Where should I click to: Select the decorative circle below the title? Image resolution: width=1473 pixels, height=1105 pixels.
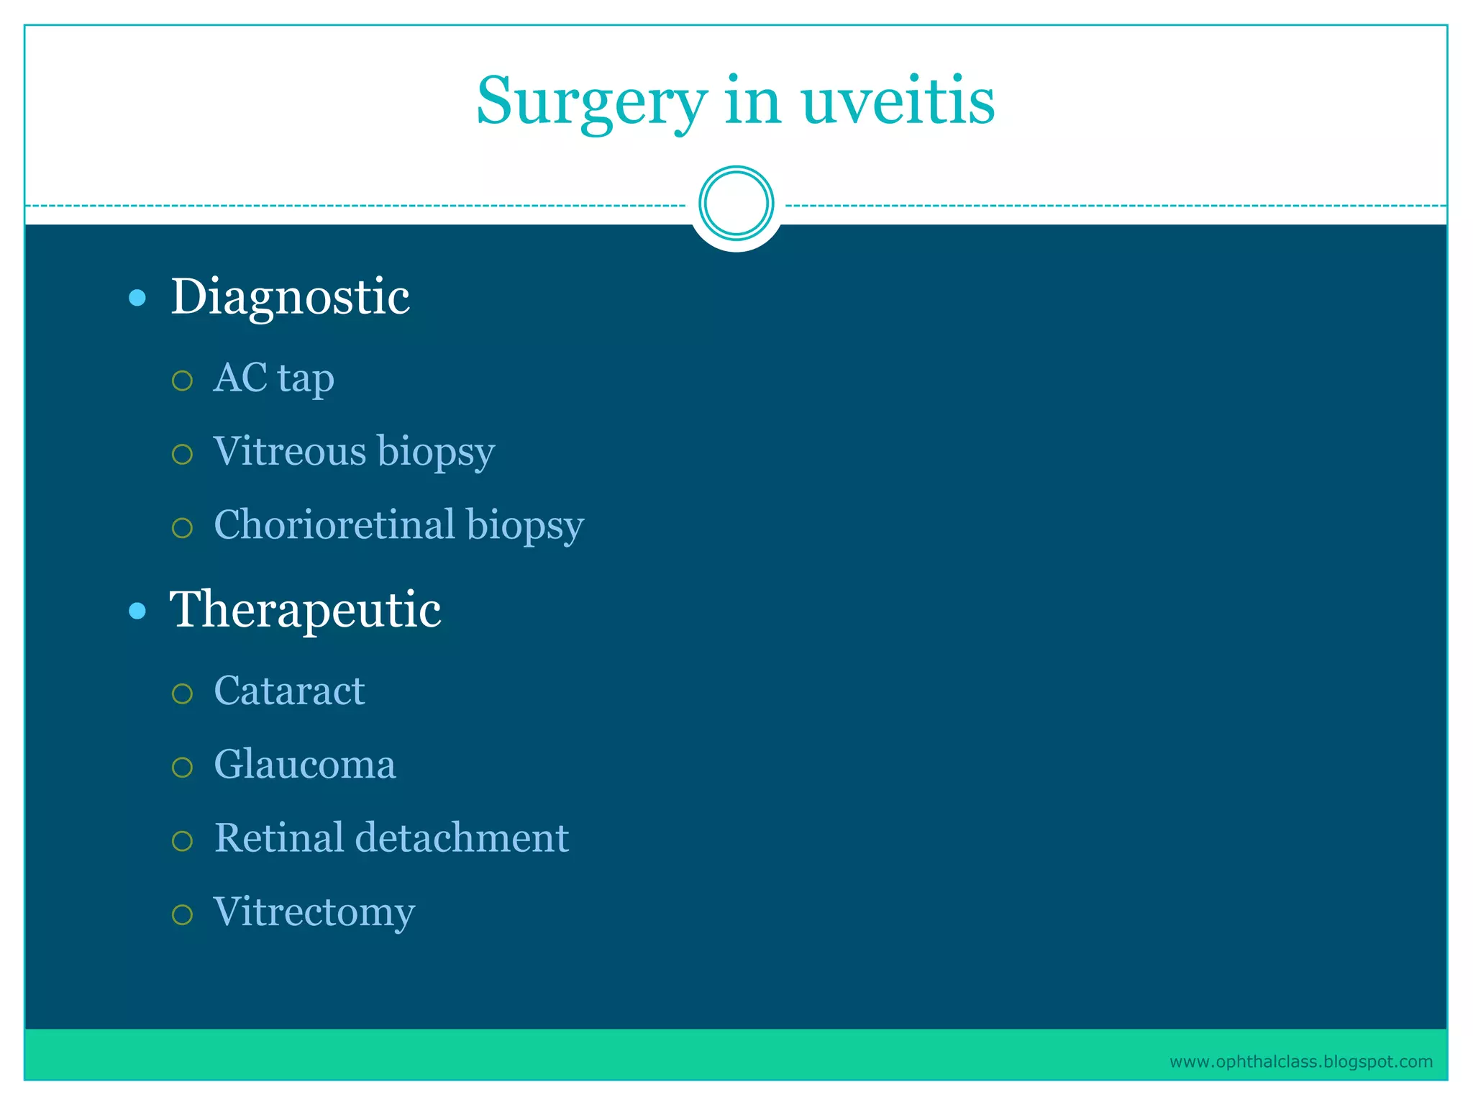(x=736, y=204)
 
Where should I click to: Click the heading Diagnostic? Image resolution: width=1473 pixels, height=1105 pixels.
(x=290, y=296)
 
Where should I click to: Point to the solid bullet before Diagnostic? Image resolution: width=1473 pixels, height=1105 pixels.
(x=137, y=298)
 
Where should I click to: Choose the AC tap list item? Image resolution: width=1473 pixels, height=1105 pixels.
(x=274, y=378)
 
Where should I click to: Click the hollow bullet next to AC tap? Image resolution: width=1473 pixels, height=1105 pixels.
(x=183, y=381)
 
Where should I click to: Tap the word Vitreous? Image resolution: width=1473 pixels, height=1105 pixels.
(x=290, y=452)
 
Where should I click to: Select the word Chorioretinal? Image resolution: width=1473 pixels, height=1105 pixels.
(x=334, y=524)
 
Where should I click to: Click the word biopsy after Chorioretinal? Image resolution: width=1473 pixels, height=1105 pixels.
(x=525, y=526)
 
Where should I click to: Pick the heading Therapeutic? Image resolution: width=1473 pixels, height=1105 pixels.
(x=305, y=609)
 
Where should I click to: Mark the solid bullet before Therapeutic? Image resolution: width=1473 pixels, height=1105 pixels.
(x=137, y=611)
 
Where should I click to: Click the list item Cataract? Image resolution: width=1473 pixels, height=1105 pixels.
(x=289, y=691)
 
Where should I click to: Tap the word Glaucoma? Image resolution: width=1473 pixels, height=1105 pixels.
(x=305, y=765)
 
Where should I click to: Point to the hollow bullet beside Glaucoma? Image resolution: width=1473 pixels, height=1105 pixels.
(x=183, y=767)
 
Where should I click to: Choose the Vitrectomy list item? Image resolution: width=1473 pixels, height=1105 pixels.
(x=314, y=912)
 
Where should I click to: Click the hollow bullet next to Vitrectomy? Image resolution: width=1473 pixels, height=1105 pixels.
(x=183, y=914)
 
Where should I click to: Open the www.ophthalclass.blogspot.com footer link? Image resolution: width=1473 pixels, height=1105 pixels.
(x=1300, y=1062)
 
